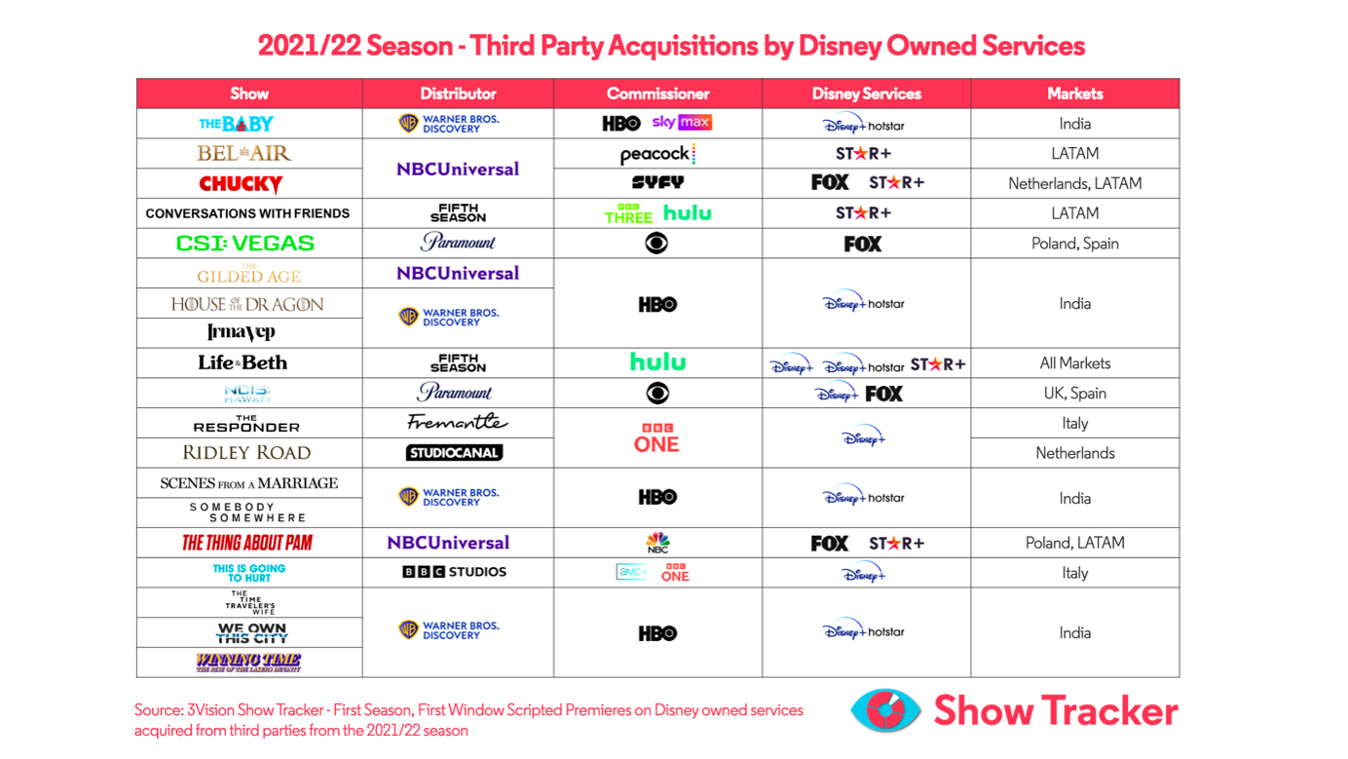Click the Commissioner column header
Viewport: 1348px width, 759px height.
657,94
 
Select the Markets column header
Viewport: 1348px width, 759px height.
1074,94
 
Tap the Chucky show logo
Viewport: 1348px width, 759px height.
241,184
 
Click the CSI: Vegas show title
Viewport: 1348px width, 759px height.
244,244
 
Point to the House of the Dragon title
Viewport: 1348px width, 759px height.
247,304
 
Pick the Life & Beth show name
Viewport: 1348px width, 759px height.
243,362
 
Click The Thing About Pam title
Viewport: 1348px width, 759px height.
247,543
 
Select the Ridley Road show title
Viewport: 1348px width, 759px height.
246,453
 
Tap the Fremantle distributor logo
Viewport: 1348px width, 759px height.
457,423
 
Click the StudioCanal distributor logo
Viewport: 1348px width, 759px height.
454,453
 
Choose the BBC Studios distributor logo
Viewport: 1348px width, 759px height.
455,572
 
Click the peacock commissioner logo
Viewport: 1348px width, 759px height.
657,154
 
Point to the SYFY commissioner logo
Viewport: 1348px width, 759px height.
657,182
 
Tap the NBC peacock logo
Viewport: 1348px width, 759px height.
657,543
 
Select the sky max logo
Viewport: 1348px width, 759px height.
682,123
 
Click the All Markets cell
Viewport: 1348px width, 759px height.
1074,363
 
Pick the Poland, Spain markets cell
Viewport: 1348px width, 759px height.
1074,244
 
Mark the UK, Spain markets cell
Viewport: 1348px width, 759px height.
1074,394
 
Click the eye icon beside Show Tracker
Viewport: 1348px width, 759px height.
885,710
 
